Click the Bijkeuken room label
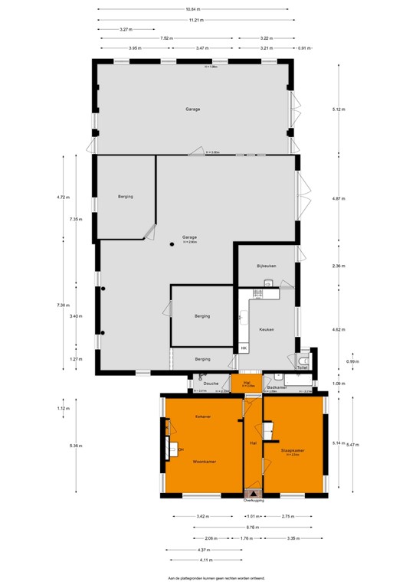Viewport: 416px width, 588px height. point(267,266)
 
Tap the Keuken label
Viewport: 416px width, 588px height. point(267,329)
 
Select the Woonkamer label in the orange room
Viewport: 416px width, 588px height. point(202,462)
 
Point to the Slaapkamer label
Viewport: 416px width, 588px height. point(293,450)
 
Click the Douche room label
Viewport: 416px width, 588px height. point(212,383)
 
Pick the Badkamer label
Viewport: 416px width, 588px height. point(277,387)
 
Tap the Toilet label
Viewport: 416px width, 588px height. point(303,367)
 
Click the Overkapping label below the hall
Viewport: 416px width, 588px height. point(254,500)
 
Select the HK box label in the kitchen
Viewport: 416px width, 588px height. point(244,348)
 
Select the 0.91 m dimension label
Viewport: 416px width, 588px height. point(305,48)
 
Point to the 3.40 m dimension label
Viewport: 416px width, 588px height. point(75,315)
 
